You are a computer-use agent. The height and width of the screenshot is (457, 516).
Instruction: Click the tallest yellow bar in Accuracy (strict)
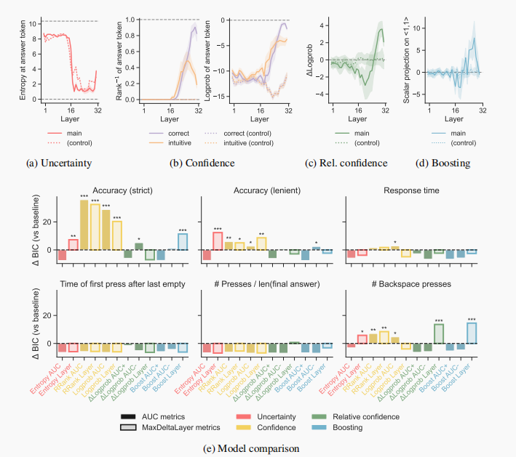pyautogui.click(x=83, y=225)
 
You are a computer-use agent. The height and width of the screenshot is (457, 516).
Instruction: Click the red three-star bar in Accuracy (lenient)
pyautogui.click(x=218, y=240)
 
